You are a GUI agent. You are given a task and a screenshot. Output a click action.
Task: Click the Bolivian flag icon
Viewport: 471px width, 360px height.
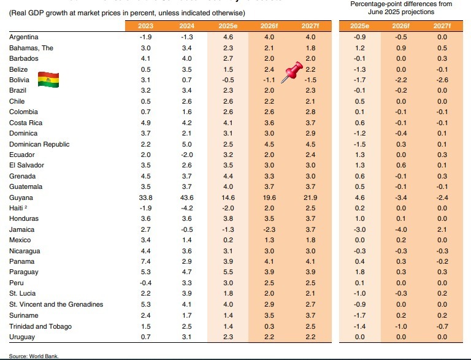click(48, 79)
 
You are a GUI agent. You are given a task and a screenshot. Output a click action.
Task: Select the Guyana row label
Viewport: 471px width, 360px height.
click(21, 198)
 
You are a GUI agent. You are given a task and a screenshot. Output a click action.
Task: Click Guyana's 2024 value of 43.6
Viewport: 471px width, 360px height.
click(187, 198)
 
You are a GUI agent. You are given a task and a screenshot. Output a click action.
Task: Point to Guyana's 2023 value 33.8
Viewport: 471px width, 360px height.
click(146, 198)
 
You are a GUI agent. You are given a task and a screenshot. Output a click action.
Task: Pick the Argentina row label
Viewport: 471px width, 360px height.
click(25, 37)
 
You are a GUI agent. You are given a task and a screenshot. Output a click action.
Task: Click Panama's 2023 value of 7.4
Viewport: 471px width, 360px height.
click(146, 262)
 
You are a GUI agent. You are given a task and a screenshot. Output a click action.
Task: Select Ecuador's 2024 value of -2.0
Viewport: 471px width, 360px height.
click(187, 155)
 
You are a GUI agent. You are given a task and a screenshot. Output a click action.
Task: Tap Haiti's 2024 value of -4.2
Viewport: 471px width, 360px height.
click(187, 209)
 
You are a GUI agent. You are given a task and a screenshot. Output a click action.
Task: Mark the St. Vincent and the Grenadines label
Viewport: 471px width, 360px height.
click(56, 305)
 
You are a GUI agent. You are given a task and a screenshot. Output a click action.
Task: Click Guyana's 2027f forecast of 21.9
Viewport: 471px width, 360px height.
click(310, 198)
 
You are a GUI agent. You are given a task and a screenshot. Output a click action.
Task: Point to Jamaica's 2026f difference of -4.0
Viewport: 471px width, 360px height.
click(400, 230)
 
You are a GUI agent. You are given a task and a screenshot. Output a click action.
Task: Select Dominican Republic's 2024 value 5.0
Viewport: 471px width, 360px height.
click(187, 144)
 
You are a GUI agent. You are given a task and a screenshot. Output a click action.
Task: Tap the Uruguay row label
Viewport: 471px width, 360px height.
click(23, 337)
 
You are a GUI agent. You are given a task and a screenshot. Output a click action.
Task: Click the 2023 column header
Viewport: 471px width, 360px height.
click(146, 25)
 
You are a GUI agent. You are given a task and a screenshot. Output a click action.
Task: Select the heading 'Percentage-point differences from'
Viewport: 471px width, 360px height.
click(401, 4)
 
